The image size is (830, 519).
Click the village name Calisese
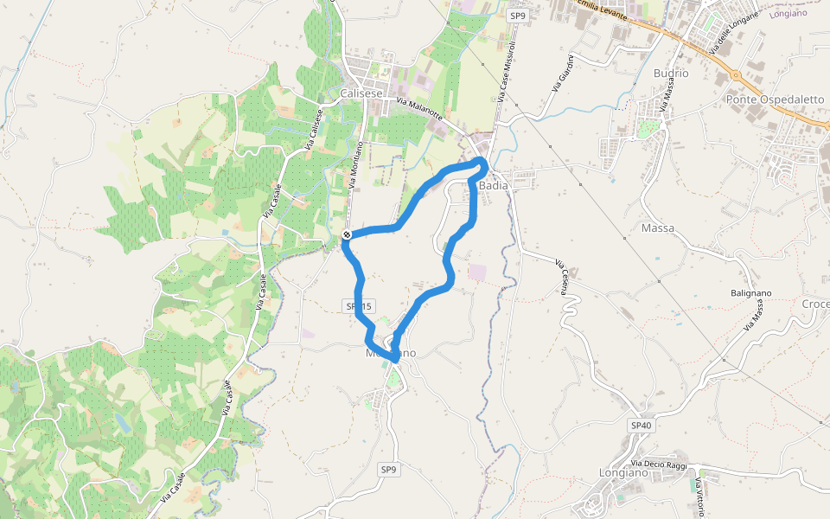(361, 93)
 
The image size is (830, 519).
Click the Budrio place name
(671, 74)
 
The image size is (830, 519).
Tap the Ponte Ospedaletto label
(775, 99)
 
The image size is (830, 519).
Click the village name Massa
(658, 228)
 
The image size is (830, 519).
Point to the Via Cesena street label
(561, 277)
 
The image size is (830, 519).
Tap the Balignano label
(750, 293)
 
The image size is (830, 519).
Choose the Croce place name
(815, 304)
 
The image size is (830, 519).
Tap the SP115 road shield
(358, 306)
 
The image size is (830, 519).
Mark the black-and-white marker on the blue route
(347, 234)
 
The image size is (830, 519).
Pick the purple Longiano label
(787, 13)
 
